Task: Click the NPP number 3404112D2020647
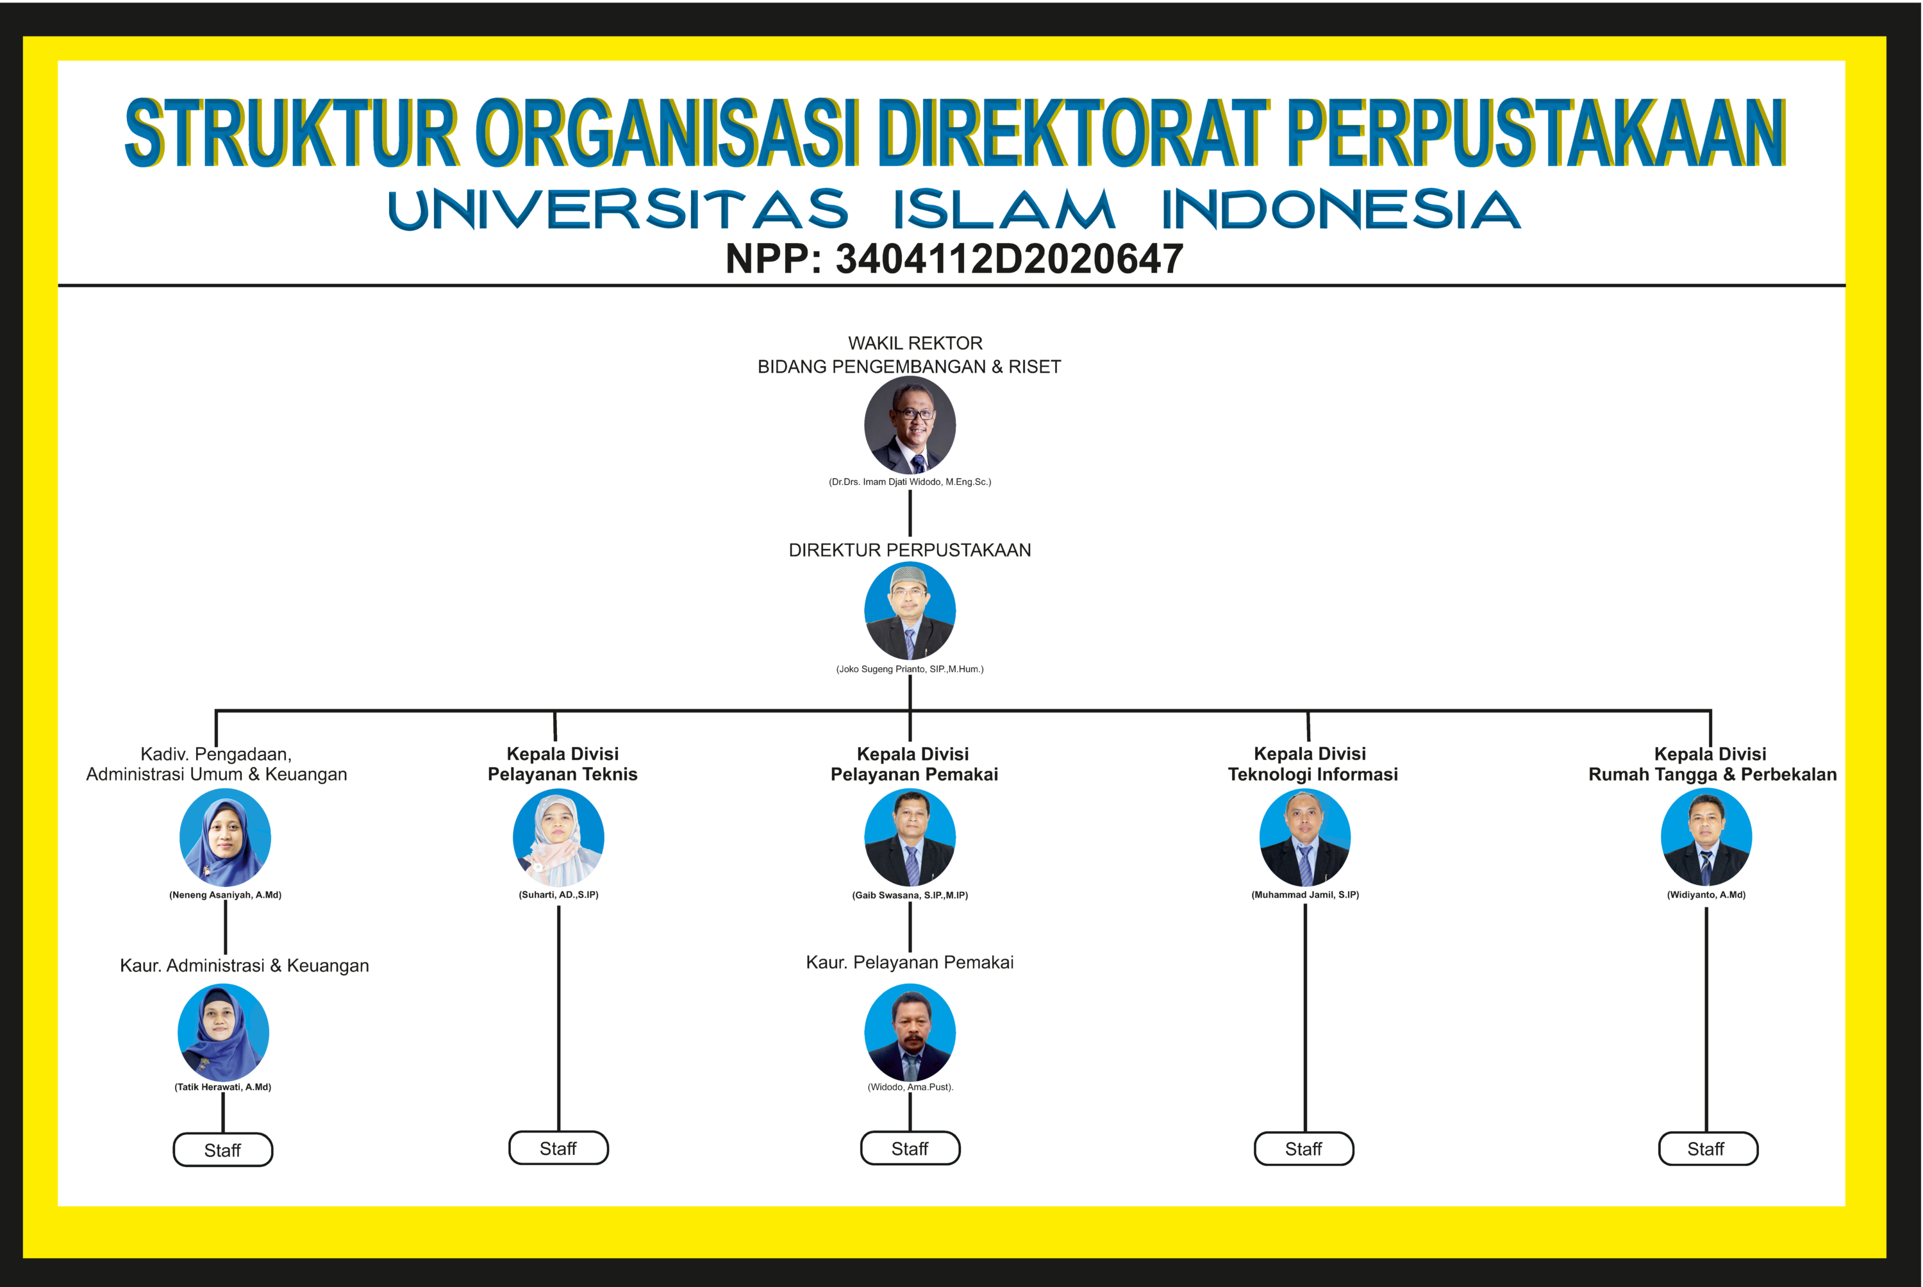pos(1009,259)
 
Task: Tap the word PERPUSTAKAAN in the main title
pos(1536,133)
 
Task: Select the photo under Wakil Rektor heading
pos(910,425)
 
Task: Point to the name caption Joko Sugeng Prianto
pos(910,669)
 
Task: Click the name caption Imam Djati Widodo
pos(910,482)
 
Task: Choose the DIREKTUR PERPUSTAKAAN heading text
pos(910,550)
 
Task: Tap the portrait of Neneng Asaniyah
pos(225,837)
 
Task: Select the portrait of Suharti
pos(559,837)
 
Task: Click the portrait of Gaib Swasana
pos(910,837)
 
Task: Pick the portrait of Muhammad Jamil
pos(1305,837)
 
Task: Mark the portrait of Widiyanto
pos(1706,837)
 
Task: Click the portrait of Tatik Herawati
pos(223,1032)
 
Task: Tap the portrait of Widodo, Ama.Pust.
pos(910,1032)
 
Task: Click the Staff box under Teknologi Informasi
pos(1304,1148)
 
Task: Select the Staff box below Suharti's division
pos(559,1148)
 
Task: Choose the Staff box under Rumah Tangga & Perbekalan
pos(1708,1148)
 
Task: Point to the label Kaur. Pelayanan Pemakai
pos(910,962)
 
